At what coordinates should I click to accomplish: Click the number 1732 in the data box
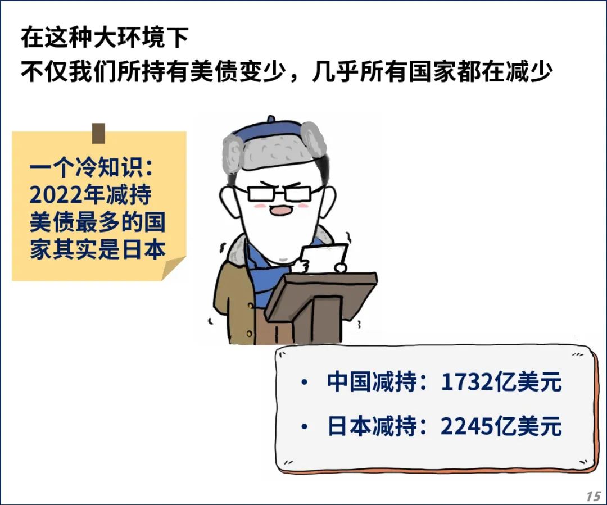tap(468, 382)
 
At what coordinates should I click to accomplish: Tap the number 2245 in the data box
tap(468, 426)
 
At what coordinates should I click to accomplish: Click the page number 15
tap(593, 496)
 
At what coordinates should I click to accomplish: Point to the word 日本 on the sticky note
tap(144, 249)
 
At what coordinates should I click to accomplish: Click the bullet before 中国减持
tap(304, 383)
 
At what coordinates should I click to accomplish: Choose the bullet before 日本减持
tap(304, 427)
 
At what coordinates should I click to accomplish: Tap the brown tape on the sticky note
tap(98, 133)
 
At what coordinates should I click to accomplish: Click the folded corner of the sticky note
tap(174, 268)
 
